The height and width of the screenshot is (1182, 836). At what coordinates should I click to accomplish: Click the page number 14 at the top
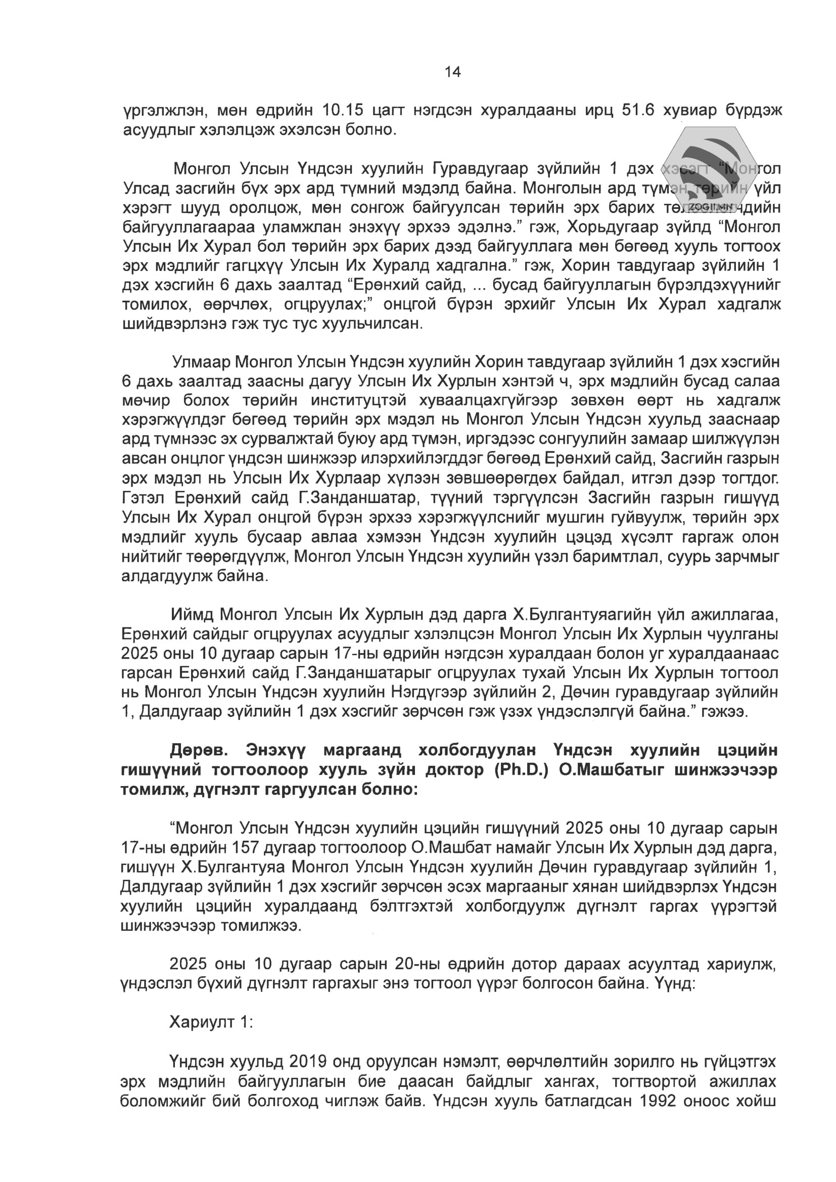[452, 72]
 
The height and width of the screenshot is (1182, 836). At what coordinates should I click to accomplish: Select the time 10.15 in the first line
[342, 110]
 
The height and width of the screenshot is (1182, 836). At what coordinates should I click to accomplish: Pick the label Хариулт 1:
[211, 1022]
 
